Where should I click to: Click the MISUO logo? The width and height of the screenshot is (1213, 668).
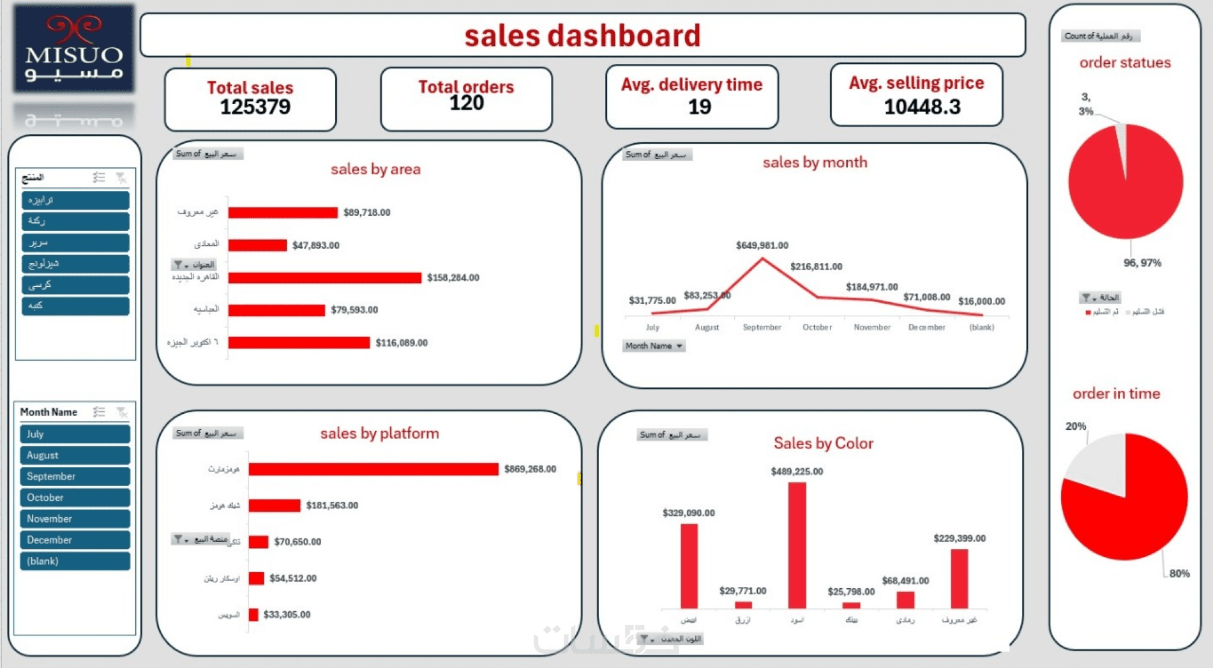click(x=74, y=49)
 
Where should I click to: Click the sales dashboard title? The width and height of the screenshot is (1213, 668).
click(x=582, y=36)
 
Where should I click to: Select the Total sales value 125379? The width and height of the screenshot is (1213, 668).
click(x=255, y=107)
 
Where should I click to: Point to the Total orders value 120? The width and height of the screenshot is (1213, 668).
click(x=466, y=103)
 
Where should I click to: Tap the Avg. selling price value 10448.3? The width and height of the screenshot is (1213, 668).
click(x=922, y=107)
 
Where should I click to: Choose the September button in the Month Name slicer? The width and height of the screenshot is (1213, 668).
click(x=75, y=476)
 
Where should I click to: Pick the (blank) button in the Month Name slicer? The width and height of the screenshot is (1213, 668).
click(x=75, y=561)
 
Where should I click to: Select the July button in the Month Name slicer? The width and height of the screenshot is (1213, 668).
click(x=75, y=434)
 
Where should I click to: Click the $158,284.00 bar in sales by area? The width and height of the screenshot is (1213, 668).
click(x=324, y=278)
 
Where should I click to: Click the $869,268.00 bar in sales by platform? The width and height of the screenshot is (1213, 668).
click(x=373, y=469)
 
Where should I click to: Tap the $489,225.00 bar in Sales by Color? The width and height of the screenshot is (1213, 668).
click(x=797, y=545)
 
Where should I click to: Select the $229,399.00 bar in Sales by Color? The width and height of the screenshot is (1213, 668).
click(x=959, y=578)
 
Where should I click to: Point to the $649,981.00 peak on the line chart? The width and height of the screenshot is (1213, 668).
click(x=762, y=258)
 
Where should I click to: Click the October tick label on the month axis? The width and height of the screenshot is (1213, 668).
click(x=817, y=327)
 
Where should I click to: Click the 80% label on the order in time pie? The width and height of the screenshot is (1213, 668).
click(x=1179, y=573)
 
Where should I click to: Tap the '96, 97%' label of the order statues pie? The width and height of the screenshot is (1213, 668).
click(x=1142, y=262)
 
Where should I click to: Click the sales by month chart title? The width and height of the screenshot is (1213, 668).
click(x=815, y=162)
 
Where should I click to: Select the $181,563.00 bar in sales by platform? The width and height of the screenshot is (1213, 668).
click(x=275, y=506)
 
